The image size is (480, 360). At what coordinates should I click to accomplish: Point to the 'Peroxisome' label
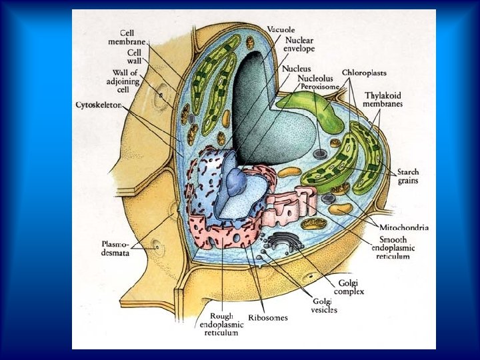(320, 86)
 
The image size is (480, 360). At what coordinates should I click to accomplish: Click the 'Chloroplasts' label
(364, 72)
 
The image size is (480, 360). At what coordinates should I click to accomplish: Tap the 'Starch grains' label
(408, 177)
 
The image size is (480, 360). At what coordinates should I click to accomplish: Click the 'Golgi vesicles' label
(324, 306)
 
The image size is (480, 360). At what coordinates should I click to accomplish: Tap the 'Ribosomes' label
(269, 318)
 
